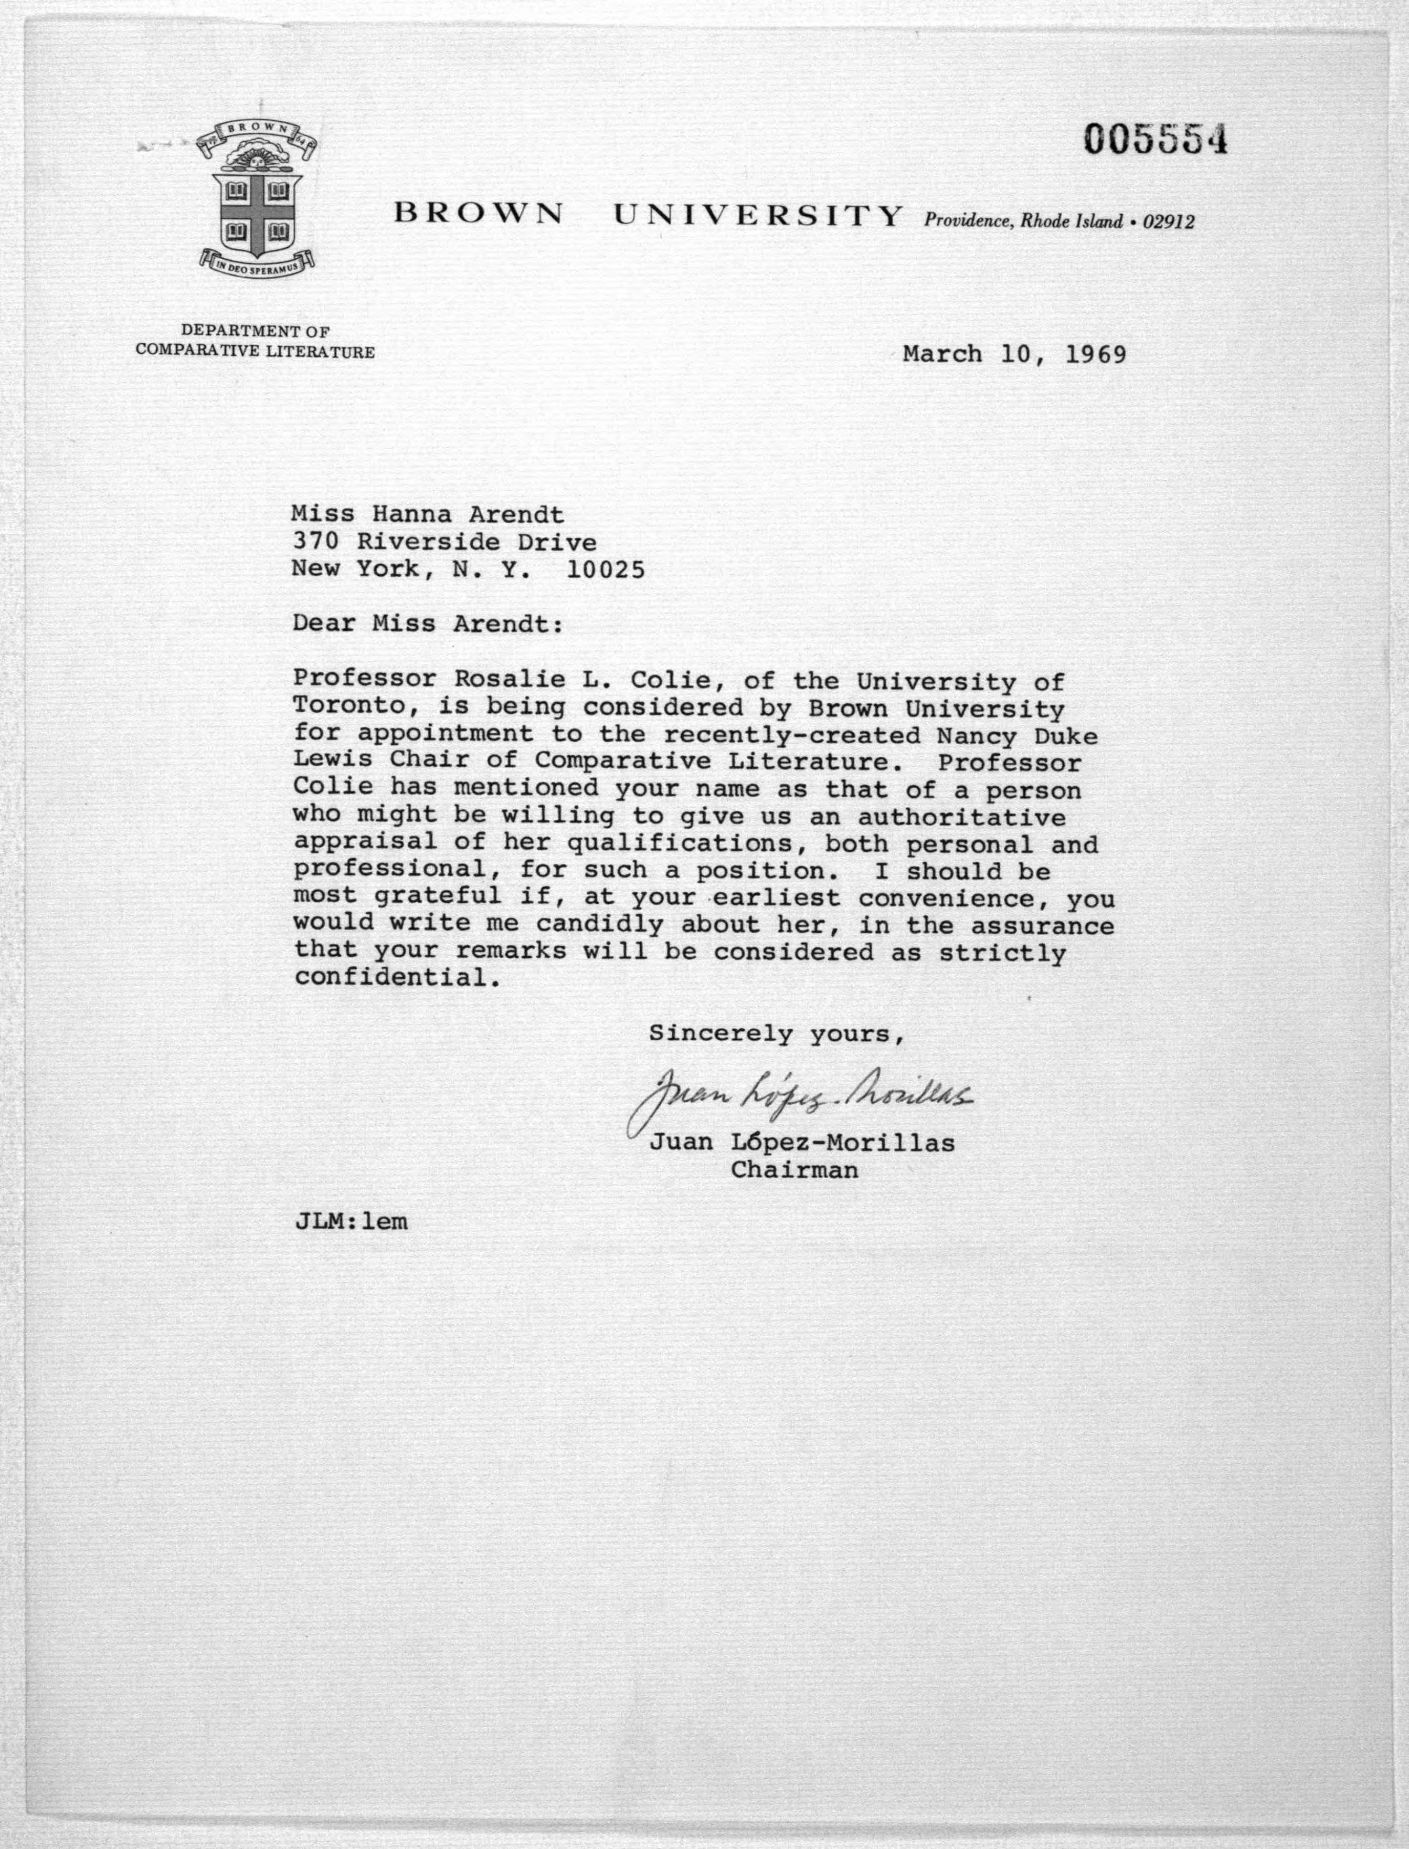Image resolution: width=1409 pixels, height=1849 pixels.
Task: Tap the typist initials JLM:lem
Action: [x=351, y=1221]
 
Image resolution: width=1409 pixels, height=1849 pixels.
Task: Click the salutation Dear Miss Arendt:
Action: [x=428, y=624]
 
